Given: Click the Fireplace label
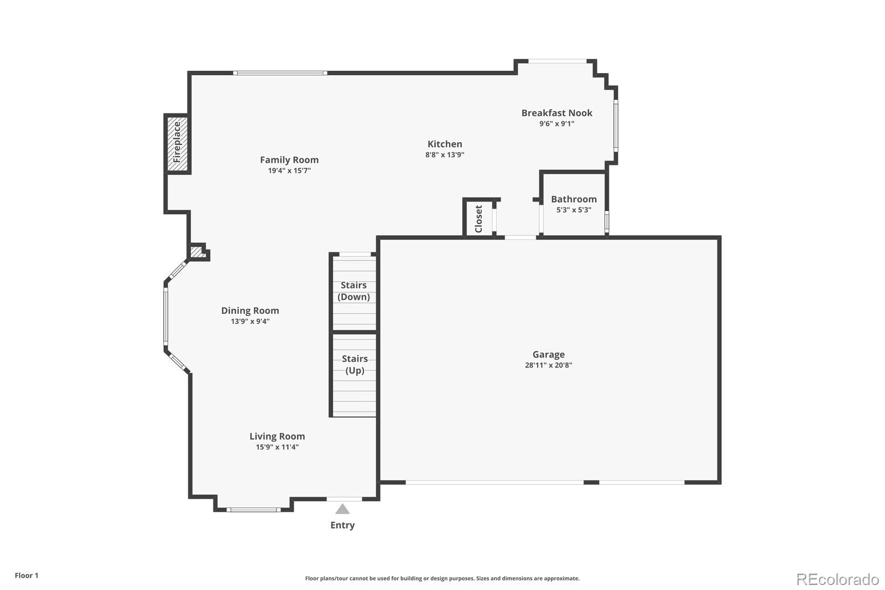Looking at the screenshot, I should [177, 143].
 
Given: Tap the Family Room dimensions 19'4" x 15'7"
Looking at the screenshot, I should [289, 170].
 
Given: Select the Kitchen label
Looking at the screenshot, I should [445, 144].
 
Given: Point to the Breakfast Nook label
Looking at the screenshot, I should [556, 113].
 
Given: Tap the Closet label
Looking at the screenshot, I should [479, 219].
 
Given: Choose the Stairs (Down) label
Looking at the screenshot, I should [353, 291].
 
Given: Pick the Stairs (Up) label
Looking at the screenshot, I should [355, 364].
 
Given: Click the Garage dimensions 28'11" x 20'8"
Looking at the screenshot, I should [548, 365].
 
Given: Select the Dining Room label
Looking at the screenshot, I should [250, 310].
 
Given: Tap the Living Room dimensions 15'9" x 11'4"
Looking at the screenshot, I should [277, 447].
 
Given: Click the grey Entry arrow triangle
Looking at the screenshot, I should [342, 509].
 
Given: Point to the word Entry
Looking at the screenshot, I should [342, 525].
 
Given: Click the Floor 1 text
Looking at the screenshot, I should [27, 576].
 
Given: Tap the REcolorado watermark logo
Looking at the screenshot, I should [837, 579].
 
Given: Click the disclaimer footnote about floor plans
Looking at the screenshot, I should [442, 578].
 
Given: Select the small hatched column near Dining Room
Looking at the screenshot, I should [197, 252].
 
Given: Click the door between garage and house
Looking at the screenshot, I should [520, 237].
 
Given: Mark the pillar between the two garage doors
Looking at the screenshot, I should [591, 483].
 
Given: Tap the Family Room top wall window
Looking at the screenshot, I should [280, 73].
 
